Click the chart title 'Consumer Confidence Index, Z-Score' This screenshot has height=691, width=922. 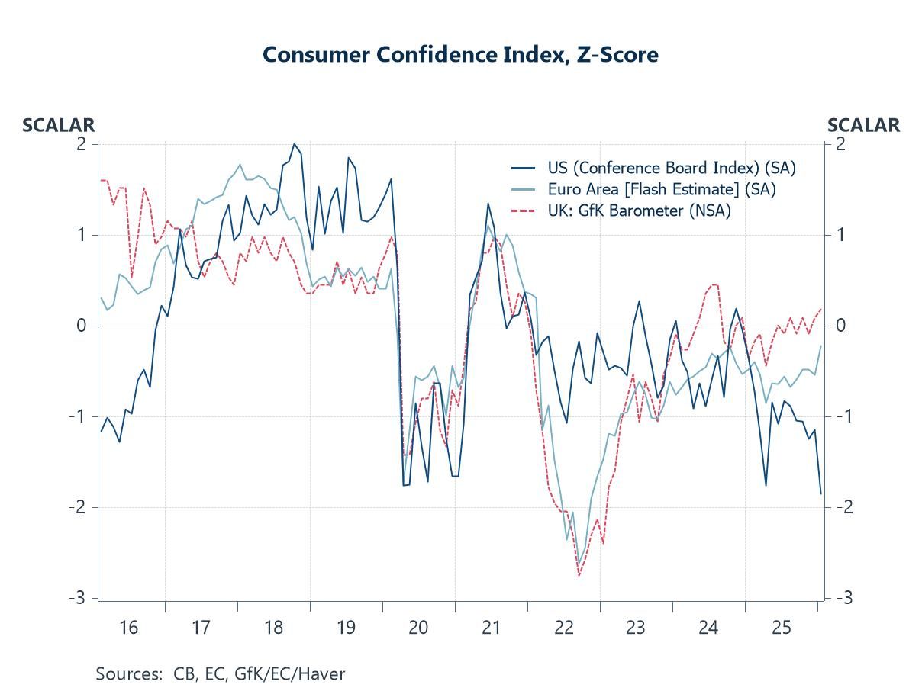(460, 55)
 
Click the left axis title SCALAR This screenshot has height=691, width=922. (59, 125)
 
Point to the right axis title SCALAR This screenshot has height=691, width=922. (863, 125)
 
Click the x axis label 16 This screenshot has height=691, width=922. (128, 628)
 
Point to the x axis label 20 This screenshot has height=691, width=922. (418, 628)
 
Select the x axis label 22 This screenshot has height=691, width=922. (563, 628)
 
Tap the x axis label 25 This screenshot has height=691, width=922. (781, 628)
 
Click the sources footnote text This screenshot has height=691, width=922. (221, 673)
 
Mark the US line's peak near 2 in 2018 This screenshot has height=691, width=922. (295, 143)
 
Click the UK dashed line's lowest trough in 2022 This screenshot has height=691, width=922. (579, 575)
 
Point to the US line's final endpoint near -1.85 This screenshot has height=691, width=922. (821, 493)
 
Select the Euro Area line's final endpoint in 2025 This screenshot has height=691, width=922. (821, 346)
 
